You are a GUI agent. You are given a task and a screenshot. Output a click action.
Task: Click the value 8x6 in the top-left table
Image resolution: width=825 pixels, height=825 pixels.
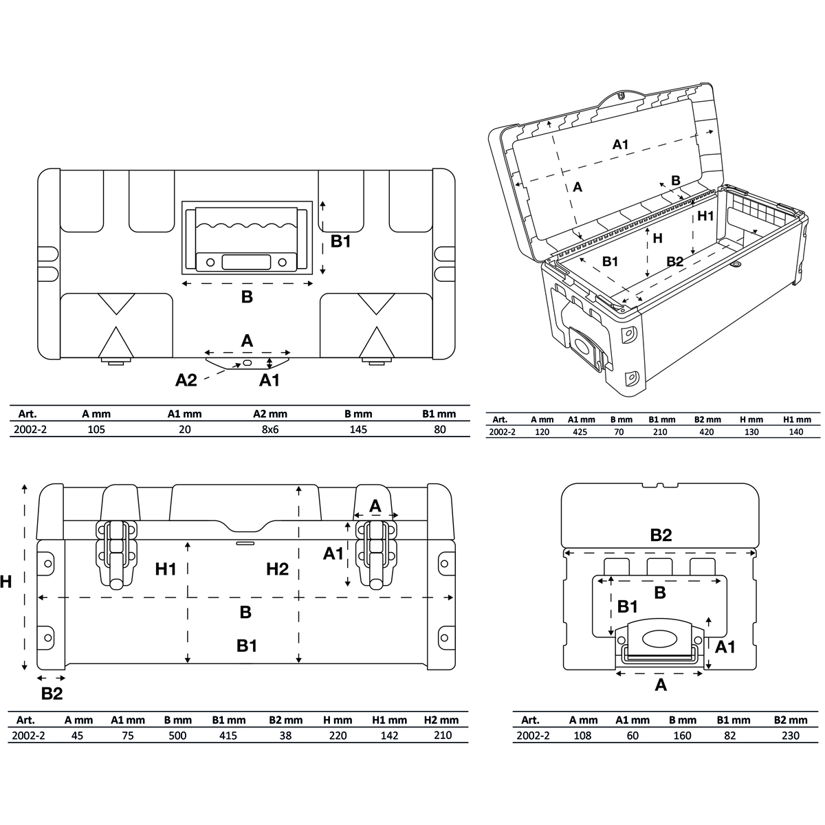(269, 430)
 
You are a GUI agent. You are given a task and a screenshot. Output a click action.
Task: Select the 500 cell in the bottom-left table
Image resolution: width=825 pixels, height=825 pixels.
(177, 736)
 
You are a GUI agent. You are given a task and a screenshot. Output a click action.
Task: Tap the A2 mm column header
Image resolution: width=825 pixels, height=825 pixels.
(269, 414)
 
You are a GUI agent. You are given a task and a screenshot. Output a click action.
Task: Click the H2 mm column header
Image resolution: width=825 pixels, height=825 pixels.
(441, 720)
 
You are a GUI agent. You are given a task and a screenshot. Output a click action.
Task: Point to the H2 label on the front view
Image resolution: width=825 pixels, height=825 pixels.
(277, 569)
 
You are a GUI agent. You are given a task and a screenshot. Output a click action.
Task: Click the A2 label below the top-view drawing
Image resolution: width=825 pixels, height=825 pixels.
(186, 379)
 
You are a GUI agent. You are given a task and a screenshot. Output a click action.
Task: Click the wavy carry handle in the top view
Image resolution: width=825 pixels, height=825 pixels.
(246, 239)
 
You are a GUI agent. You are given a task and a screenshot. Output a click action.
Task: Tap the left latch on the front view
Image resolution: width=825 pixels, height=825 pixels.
(117, 554)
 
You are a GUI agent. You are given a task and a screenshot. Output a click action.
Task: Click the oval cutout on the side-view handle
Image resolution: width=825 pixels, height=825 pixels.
(660, 639)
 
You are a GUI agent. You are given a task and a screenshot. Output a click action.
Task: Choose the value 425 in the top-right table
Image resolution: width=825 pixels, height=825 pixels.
(580, 432)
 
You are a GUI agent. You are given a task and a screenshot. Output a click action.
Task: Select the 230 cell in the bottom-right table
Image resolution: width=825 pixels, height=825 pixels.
(791, 736)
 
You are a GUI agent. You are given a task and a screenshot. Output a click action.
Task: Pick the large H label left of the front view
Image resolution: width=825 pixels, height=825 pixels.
(5, 582)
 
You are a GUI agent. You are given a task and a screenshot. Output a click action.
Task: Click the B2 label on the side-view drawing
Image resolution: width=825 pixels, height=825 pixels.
(661, 535)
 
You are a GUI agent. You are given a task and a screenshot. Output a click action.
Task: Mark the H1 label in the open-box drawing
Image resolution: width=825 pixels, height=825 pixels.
(705, 216)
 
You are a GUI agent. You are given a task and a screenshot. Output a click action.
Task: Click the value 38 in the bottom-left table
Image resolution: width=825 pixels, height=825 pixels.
(285, 736)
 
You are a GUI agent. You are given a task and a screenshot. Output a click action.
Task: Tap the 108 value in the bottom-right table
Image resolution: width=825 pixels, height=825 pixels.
(582, 736)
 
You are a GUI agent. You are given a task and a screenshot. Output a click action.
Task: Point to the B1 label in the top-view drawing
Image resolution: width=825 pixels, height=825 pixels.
(341, 241)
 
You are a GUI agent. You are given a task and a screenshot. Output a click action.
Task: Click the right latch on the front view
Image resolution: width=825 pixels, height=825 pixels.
(376, 554)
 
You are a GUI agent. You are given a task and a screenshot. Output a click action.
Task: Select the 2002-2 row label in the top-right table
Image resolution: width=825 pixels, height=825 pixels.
(502, 432)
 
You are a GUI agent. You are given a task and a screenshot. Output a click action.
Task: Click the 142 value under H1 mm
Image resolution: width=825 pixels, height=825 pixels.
(389, 736)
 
